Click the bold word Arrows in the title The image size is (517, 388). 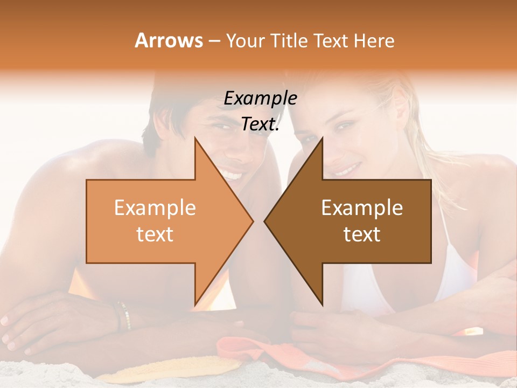[x=169, y=40]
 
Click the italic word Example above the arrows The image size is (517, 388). [x=260, y=98]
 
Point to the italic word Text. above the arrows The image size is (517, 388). [x=260, y=124]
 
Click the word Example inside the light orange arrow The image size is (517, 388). [x=155, y=207]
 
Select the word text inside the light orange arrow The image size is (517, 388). [x=155, y=234]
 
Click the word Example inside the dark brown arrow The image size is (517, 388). [x=362, y=207]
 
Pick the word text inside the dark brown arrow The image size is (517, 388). [x=362, y=234]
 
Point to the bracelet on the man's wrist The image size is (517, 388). [x=123, y=315]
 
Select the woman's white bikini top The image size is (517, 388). [x=458, y=269]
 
